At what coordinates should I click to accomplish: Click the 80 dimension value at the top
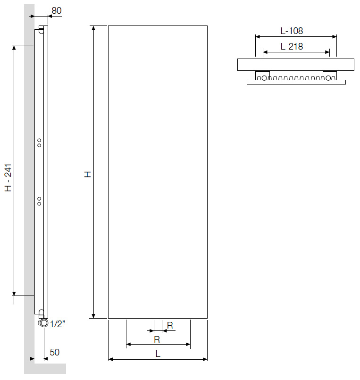click(56, 10)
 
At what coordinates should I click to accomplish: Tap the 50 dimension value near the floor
click(55, 352)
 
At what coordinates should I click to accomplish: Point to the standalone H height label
click(87, 174)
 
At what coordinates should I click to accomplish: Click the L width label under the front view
click(158, 353)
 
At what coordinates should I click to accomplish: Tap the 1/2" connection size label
click(57, 324)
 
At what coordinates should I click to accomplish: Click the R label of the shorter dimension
click(170, 325)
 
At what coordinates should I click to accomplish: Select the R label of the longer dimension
click(158, 339)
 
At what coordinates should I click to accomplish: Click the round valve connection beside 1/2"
click(44, 323)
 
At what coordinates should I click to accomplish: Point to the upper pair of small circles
click(39, 143)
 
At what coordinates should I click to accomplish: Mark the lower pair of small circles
click(39, 201)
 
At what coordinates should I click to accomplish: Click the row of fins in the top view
click(296, 77)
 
